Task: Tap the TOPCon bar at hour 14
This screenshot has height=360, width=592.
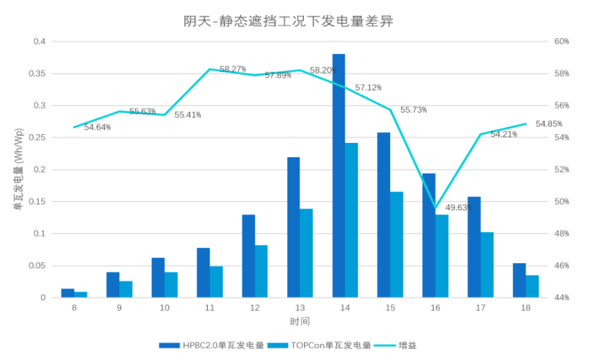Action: tap(352, 220)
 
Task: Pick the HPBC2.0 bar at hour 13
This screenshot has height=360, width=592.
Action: tap(293, 227)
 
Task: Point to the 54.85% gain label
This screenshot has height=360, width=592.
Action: tap(549, 124)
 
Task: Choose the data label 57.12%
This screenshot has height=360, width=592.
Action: tap(368, 88)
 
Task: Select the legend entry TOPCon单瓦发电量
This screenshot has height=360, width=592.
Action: tap(332, 345)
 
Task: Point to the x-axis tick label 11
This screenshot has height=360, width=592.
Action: tap(210, 308)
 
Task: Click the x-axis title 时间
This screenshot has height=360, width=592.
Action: tap(299, 322)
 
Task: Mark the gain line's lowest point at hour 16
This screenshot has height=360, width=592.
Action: tap(435, 208)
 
